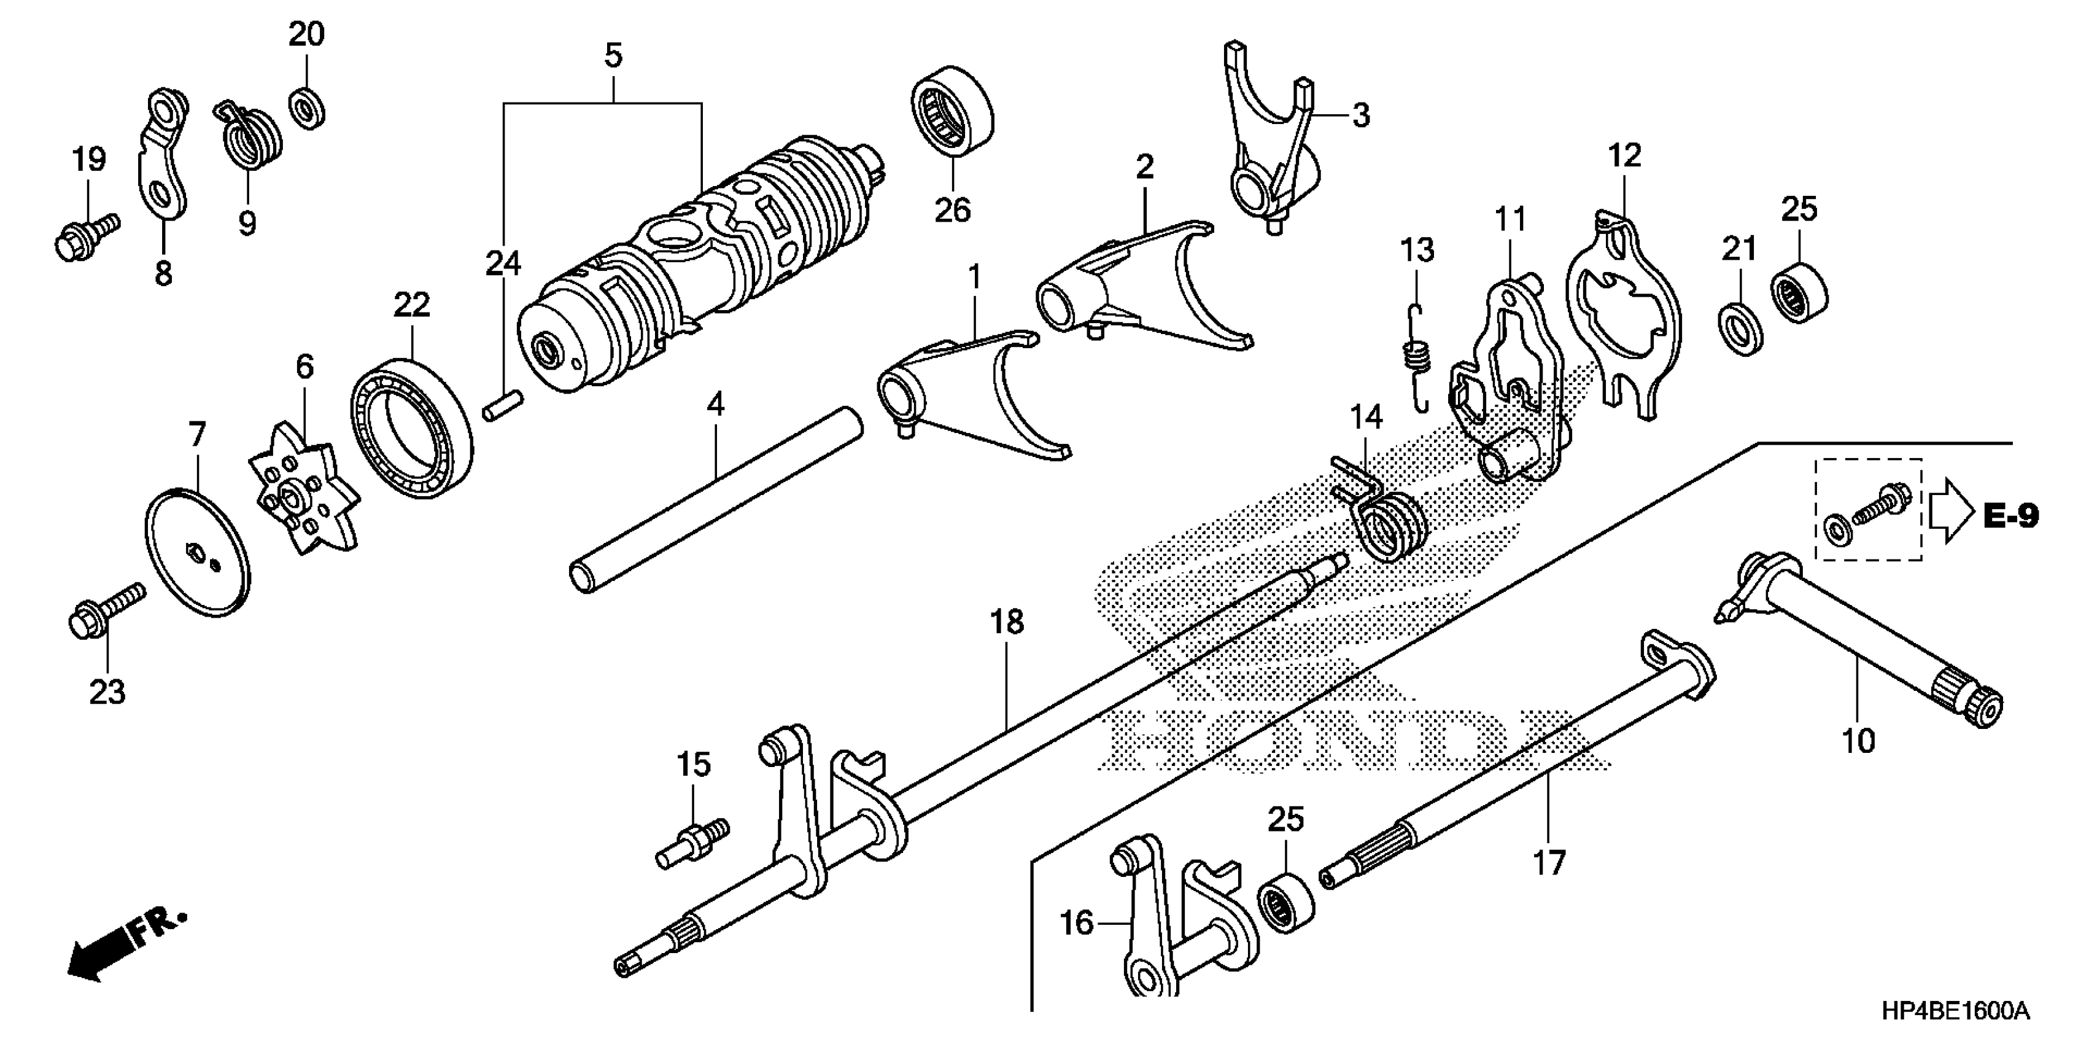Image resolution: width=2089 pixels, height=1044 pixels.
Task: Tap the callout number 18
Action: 1006,622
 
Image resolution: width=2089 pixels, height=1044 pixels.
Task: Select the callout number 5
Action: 613,56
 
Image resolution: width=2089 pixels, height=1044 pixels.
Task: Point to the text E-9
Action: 2010,516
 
